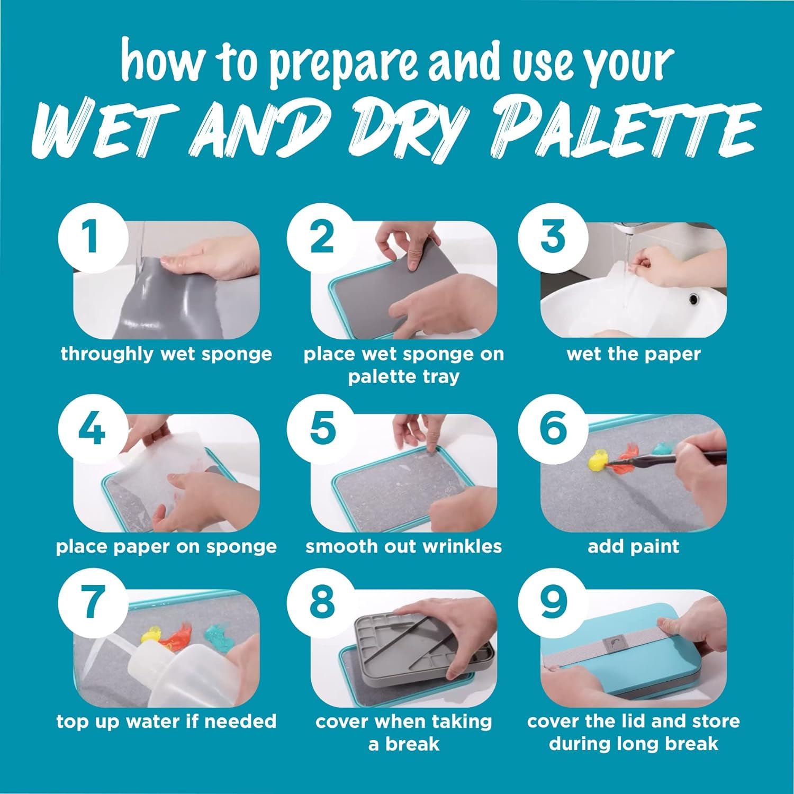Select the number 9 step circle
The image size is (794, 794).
(553, 602)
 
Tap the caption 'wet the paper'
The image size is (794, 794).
(633, 354)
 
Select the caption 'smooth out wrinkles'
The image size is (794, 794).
(403, 546)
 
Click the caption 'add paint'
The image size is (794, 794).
(633, 546)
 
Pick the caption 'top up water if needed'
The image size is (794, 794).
(166, 721)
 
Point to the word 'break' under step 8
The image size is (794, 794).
(412, 744)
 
